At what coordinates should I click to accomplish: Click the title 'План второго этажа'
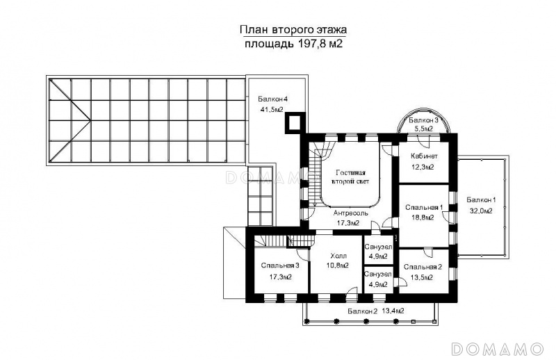tap(293, 29)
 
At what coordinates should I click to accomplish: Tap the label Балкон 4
tap(272, 99)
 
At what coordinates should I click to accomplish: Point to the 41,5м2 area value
tap(271, 110)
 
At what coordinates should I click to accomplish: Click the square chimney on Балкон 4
tap(295, 123)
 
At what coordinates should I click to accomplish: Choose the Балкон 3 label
tap(423, 120)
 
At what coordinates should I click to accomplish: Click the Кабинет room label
tap(424, 156)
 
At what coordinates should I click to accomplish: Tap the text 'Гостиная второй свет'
tap(350, 177)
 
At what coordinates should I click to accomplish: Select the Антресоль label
tap(350, 213)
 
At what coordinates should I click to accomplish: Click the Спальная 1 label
tap(424, 207)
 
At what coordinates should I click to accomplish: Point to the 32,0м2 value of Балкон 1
tap(481, 211)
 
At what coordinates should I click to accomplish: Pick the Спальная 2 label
tap(423, 267)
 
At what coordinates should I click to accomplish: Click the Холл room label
tap(338, 256)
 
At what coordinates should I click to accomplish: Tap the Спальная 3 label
tap(280, 265)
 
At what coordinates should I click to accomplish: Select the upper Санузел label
tap(378, 247)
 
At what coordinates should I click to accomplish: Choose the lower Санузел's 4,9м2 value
tap(378, 284)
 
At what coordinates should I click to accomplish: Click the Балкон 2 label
tap(362, 311)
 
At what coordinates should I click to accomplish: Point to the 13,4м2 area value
tap(393, 311)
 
